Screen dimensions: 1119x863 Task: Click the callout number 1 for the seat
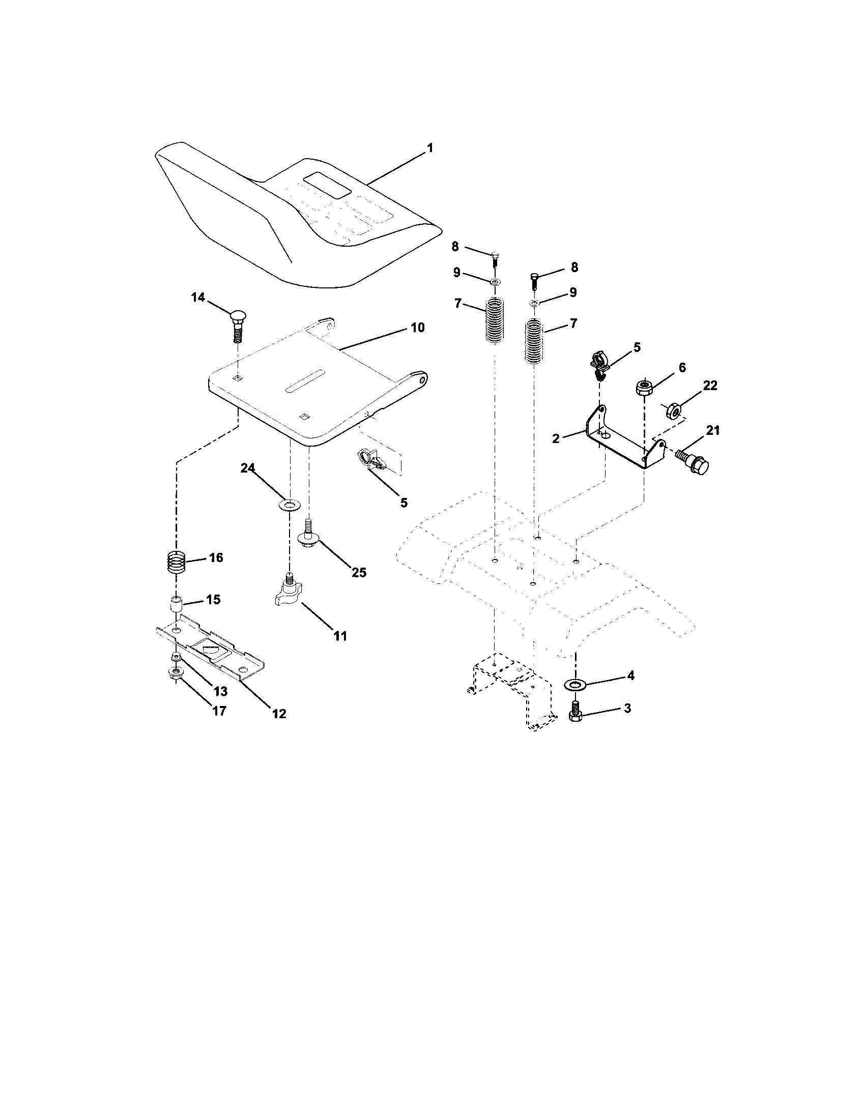[429, 148]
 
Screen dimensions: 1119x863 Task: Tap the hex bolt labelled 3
[575, 714]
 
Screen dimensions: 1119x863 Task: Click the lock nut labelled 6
[644, 387]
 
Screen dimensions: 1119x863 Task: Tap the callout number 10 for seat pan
[418, 328]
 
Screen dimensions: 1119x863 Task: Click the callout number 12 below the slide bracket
[279, 713]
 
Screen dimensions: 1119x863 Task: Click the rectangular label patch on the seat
[327, 186]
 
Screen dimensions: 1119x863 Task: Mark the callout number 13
[220, 691]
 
